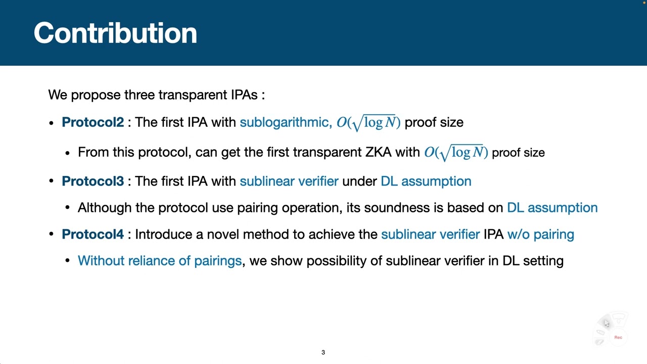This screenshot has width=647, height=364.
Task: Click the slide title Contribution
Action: [115, 33]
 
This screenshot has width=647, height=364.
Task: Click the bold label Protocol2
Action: [93, 122]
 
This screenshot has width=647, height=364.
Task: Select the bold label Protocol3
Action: [93, 181]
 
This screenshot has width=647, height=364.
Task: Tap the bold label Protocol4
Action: [93, 235]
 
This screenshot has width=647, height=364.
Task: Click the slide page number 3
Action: [323, 352]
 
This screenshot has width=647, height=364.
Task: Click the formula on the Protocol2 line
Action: [368, 123]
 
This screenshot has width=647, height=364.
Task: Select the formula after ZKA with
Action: [456, 153]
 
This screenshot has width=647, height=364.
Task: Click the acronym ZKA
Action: [378, 153]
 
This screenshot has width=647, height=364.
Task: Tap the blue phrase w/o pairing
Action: [540, 235]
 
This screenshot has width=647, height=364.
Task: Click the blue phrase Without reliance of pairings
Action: [160, 261]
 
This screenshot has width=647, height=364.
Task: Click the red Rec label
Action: [618, 337]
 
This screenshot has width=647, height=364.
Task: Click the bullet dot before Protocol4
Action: [51, 235]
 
